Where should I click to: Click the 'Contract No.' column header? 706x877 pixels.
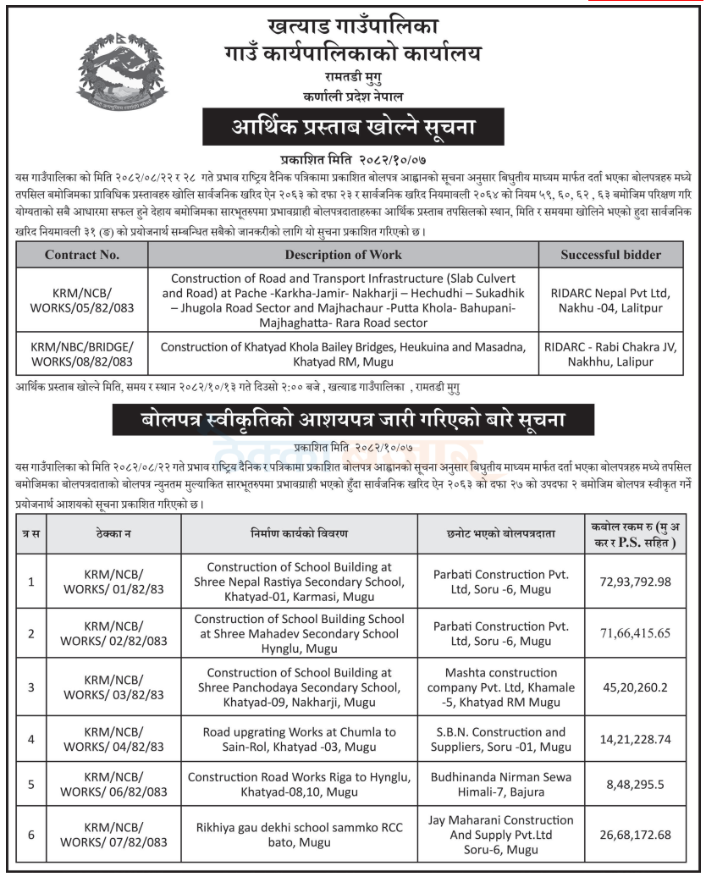pyautogui.click(x=82, y=254)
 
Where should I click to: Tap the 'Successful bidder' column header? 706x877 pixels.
pyautogui.click(x=610, y=254)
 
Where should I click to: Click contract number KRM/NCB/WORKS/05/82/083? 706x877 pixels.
pyautogui.click(x=82, y=301)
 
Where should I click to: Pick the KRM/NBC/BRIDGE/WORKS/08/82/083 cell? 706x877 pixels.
pyautogui.click(x=82, y=354)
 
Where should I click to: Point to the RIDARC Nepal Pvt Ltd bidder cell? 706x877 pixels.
pyautogui.click(x=610, y=301)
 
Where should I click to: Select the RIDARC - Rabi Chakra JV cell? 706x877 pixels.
pyautogui.click(x=610, y=354)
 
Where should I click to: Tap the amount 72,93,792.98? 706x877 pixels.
pyautogui.click(x=634, y=583)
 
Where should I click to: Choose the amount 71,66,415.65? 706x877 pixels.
pyautogui.click(x=634, y=633)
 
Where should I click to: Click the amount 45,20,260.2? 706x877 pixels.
pyautogui.click(x=634, y=687)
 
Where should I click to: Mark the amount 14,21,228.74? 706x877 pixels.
pyautogui.click(x=634, y=739)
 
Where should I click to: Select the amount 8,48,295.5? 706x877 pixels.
pyautogui.click(x=634, y=785)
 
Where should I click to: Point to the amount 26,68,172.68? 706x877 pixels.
pyautogui.click(x=634, y=836)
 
